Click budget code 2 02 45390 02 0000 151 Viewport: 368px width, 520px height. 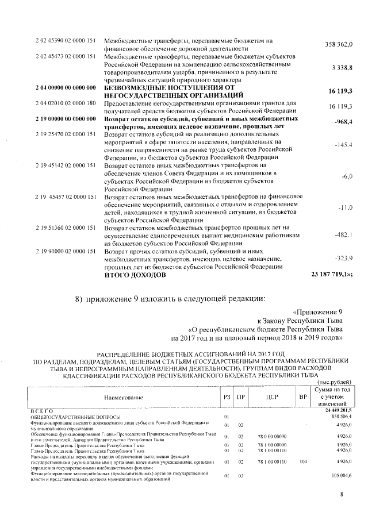65,40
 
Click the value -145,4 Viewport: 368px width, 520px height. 343,145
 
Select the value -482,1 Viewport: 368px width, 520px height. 343,235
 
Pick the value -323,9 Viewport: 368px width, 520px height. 343,259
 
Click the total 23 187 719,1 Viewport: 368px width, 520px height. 332,275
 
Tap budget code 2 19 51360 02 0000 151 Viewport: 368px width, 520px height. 65,228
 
